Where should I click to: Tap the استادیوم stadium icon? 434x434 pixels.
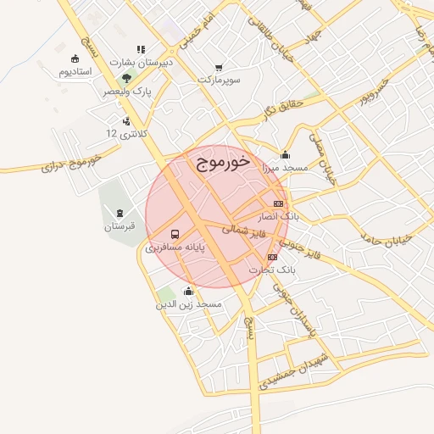coord(75,58)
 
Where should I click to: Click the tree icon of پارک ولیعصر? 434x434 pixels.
coord(126,77)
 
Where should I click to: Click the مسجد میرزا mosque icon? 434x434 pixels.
coord(285,155)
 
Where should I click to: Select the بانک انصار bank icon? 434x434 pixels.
coord(279,203)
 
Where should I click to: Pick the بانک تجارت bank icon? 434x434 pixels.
coord(272,256)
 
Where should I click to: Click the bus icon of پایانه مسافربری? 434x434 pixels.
coord(175,234)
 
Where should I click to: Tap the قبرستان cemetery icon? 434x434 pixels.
coord(120,213)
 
